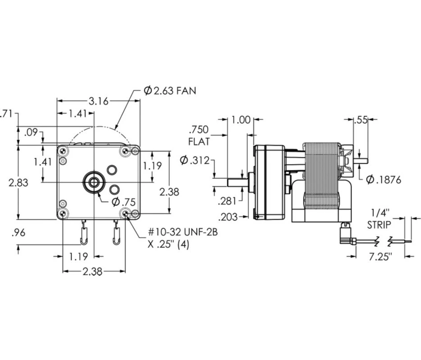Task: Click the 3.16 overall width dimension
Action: (99, 101)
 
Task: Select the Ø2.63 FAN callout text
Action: (170, 90)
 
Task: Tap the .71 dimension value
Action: (6, 114)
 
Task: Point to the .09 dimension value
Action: (31, 133)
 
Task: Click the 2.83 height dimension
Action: (18, 183)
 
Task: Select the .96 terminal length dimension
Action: (18, 233)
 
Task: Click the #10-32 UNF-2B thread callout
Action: (183, 232)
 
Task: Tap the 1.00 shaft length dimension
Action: (241, 120)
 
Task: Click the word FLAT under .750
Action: (199, 142)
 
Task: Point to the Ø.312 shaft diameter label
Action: (195, 160)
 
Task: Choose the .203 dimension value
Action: (228, 217)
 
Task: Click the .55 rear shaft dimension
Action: (360, 120)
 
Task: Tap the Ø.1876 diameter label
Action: (384, 180)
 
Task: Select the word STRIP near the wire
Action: (379, 225)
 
